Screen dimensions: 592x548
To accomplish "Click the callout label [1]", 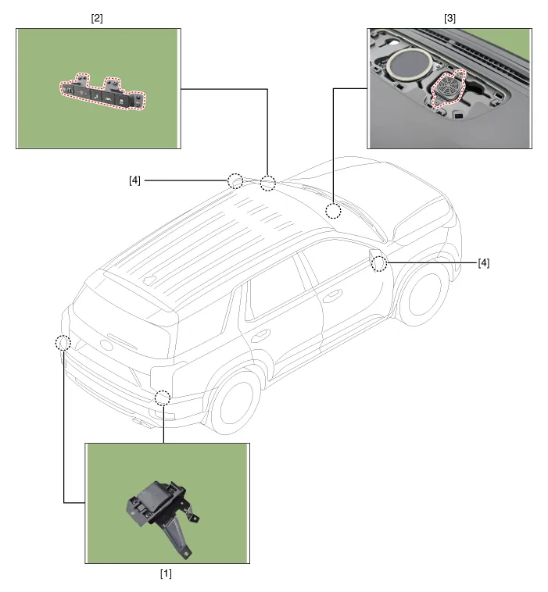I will (x=166, y=573).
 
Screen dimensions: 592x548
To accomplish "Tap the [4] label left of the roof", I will (x=135, y=180).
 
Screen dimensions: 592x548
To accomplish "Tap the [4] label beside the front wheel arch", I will (x=484, y=263).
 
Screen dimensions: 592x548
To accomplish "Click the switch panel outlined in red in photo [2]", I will (x=103, y=91).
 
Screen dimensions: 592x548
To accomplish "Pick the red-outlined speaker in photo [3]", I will (x=448, y=87).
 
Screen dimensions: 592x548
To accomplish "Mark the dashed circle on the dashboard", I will (x=334, y=210).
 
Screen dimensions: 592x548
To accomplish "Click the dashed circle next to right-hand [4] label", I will (x=379, y=263).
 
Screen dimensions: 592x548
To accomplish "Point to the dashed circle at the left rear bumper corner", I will (x=63, y=342).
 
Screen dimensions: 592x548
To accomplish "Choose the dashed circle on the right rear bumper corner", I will (x=162, y=398).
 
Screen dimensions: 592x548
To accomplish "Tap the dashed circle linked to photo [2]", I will (x=268, y=184).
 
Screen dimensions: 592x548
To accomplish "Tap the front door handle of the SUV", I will (x=335, y=294).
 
